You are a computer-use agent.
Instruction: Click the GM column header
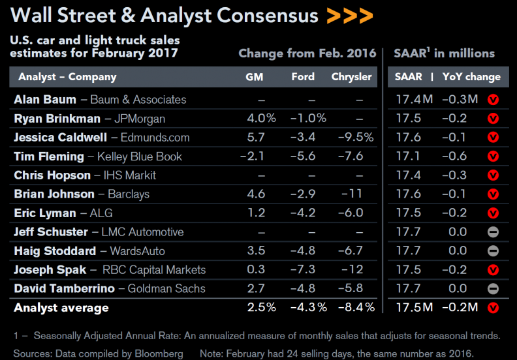pyautogui.click(x=254, y=77)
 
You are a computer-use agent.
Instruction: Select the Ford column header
pyautogui.click(x=303, y=77)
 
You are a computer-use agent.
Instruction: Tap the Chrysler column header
pyautogui.click(x=351, y=77)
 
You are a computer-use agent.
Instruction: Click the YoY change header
pyautogui.click(x=471, y=77)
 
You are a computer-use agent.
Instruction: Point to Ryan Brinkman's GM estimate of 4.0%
pyautogui.click(x=262, y=118)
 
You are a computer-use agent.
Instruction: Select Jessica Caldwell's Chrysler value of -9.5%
pyautogui.click(x=356, y=137)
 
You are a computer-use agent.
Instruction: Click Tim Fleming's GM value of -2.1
pyautogui.click(x=252, y=156)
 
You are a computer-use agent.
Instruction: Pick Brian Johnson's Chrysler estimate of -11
pyautogui.click(x=351, y=194)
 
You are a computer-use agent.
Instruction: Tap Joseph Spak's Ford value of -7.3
pyautogui.click(x=303, y=269)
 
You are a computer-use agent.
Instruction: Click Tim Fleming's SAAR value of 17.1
pyautogui.click(x=408, y=156)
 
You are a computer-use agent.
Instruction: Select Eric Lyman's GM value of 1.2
pyautogui.click(x=256, y=213)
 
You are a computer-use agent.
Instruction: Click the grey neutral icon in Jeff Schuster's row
pyautogui.click(x=493, y=232)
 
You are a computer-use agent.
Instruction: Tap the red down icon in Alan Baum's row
pyautogui.click(x=493, y=100)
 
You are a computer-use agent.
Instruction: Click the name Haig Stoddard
pyautogui.click(x=55, y=251)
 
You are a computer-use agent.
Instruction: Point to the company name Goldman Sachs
pyautogui.click(x=166, y=288)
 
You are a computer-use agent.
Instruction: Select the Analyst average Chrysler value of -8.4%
pyautogui.click(x=356, y=307)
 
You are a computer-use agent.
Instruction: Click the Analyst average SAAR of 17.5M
pyautogui.click(x=415, y=307)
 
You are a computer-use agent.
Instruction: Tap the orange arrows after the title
pyautogui.click(x=350, y=16)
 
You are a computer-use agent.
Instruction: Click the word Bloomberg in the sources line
pyautogui.click(x=159, y=353)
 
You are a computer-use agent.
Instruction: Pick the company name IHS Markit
pyautogui.click(x=130, y=175)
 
